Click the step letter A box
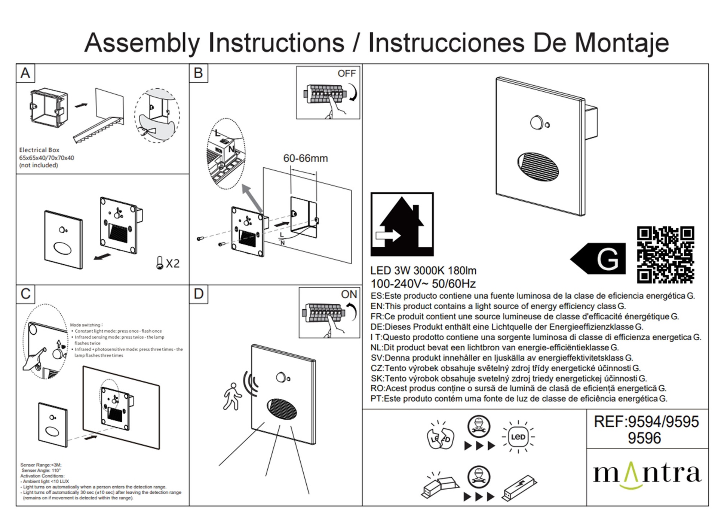tap(25, 73)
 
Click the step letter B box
tap(199, 73)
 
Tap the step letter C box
tap(25, 294)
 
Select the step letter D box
tap(199, 294)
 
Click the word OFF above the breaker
tap(347, 73)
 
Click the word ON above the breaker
tap(349, 294)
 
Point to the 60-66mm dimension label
tap(306, 158)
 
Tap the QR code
tap(666, 255)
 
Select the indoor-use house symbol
tap(402, 224)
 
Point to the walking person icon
tap(231, 396)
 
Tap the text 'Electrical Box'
tap(39, 150)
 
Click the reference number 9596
tap(644, 438)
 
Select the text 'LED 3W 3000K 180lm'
tap(423, 271)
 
